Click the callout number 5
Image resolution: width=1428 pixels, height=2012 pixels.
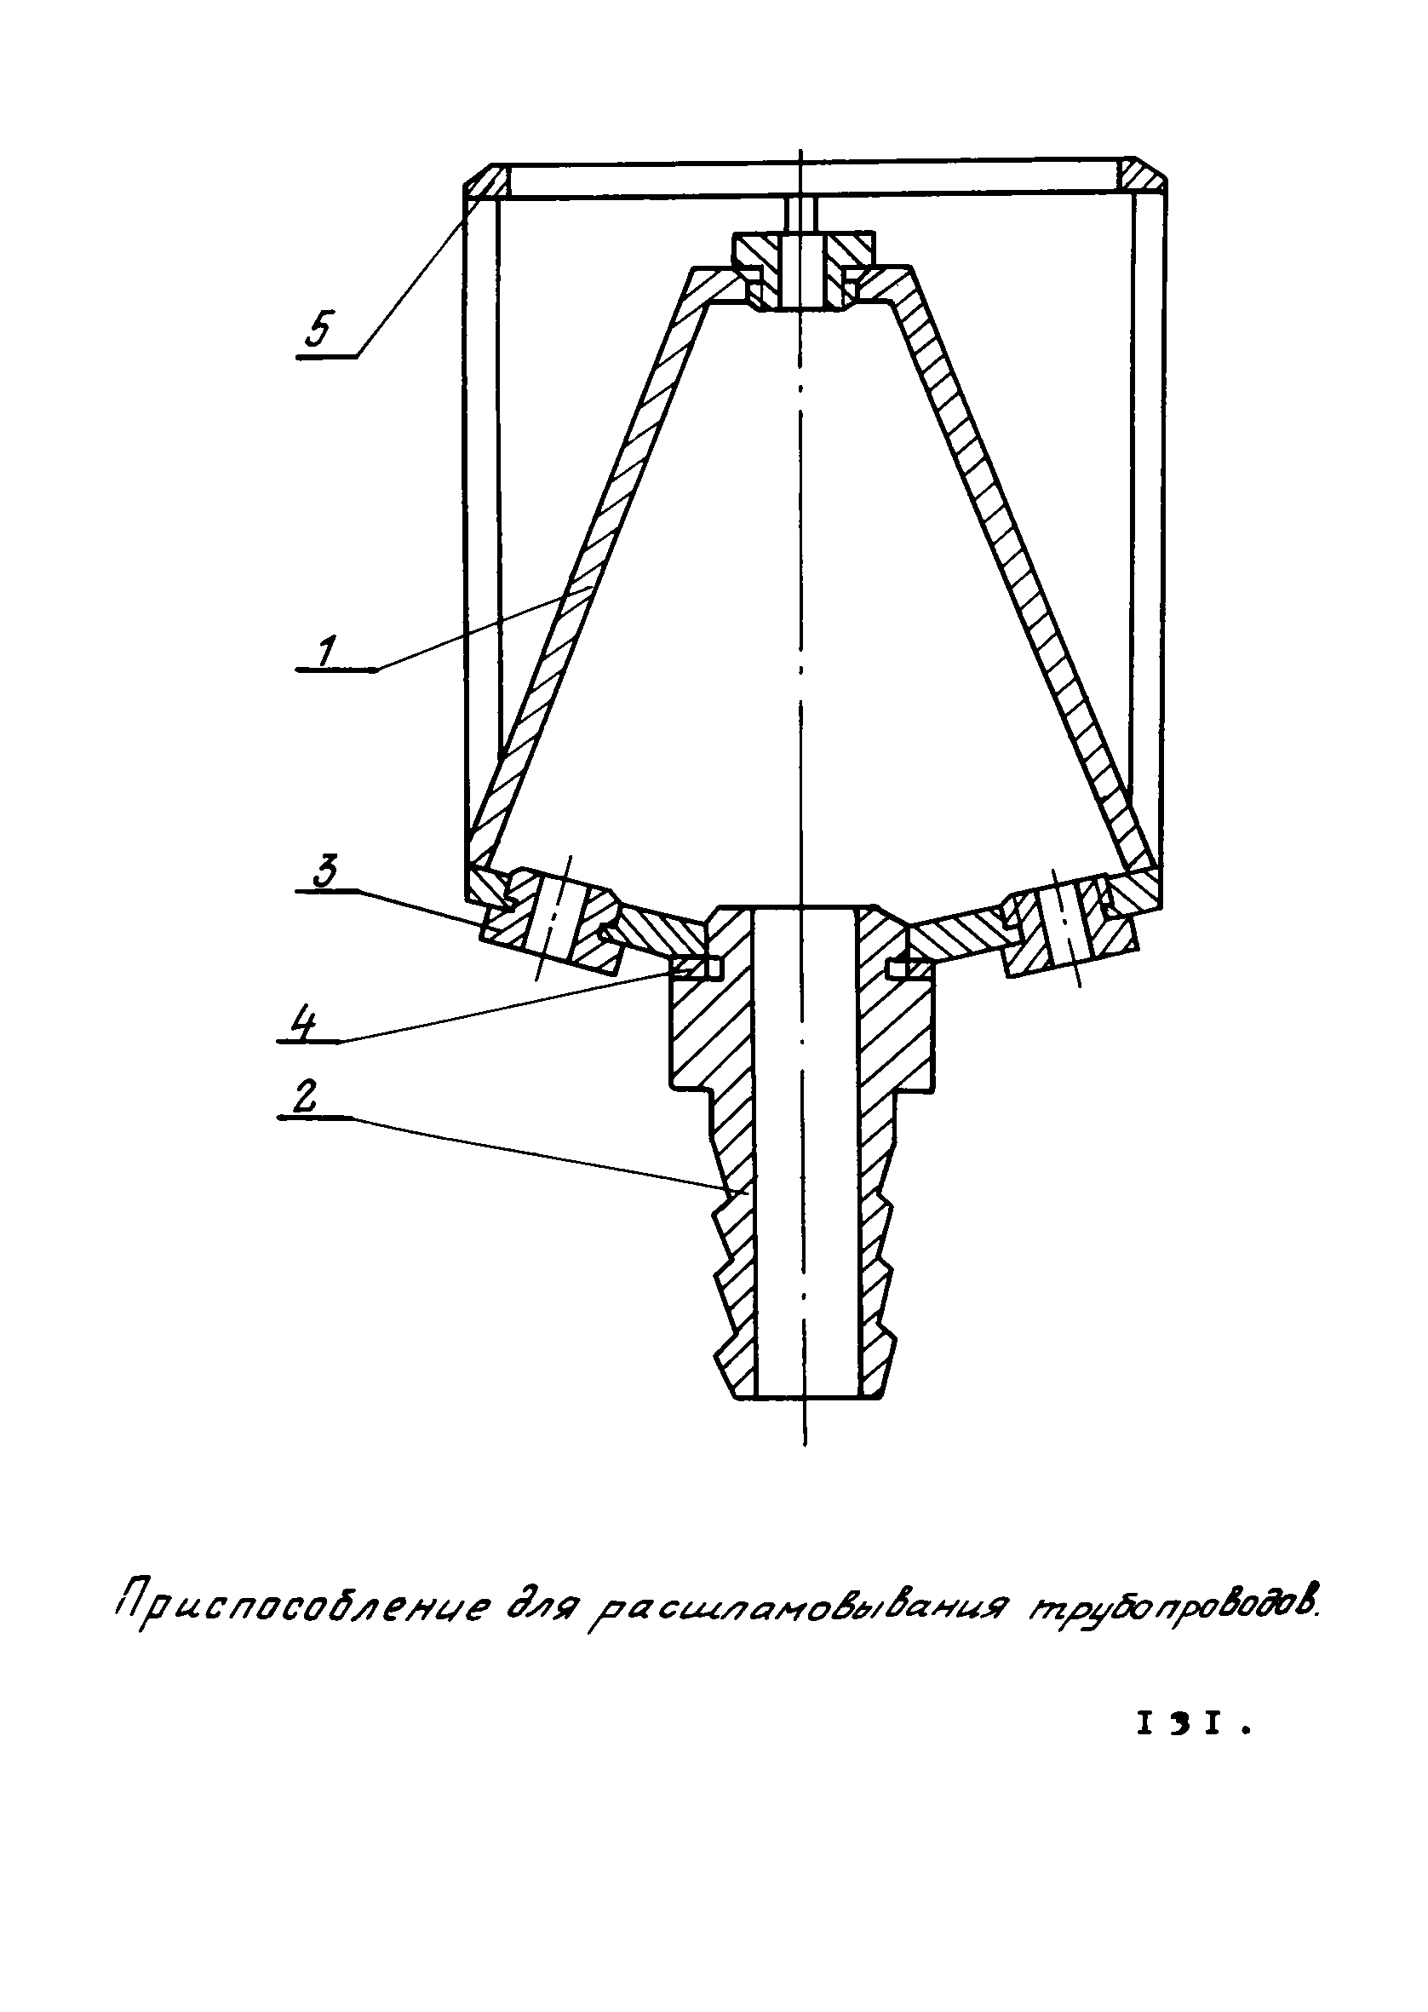point(318,330)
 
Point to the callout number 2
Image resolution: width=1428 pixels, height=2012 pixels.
point(304,1098)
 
